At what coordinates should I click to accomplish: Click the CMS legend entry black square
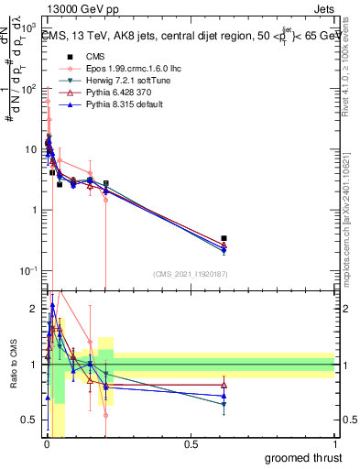click(x=68, y=57)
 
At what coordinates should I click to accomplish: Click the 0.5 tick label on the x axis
click(x=191, y=443)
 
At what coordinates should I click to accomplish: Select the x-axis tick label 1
click(x=335, y=443)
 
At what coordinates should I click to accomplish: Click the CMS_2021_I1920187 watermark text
click(x=191, y=274)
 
